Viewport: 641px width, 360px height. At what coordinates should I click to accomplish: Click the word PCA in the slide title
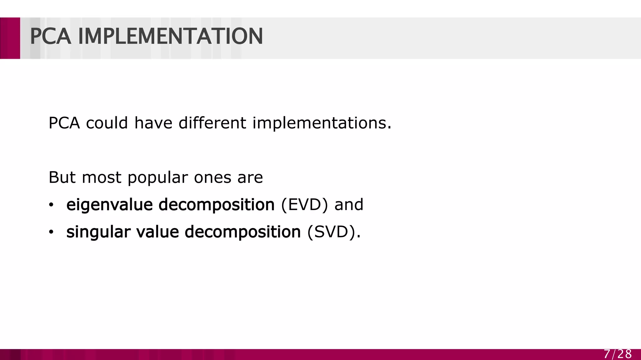tap(50, 37)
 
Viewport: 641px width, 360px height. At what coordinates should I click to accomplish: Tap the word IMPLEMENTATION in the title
tap(171, 37)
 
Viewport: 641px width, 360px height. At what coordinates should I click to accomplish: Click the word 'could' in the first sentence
tap(107, 123)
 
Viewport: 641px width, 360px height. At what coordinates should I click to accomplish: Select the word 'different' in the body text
tap(212, 123)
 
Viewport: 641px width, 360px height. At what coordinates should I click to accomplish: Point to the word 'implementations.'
tap(322, 123)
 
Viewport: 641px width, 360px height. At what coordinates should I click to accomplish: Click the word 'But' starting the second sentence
tap(62, 177)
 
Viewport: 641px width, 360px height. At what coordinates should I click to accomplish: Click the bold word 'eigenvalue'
tap(110, 205)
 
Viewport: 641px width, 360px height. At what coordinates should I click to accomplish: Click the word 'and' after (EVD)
tap(349, 205)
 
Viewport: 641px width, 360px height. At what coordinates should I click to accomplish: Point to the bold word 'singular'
tap(98, 232)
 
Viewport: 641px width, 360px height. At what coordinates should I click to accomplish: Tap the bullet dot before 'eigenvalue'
tap(51, 205)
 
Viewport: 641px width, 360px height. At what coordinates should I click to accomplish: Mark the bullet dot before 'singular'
tap(51, 232)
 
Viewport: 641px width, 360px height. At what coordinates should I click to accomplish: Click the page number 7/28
tap(618, 354)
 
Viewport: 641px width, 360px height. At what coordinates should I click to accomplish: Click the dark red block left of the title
tap(10, 38)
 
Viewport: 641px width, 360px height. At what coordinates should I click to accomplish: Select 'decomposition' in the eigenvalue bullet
tap(217, 205)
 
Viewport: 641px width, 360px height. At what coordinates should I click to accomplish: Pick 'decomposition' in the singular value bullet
tap(243, 232)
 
